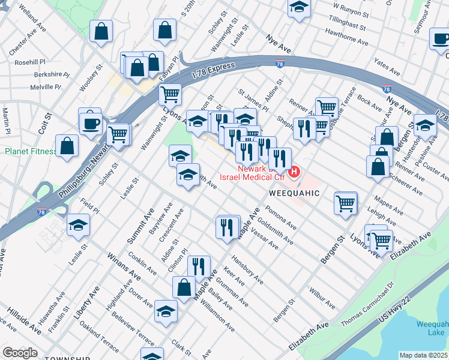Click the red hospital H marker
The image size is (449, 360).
pyautogui.click(x=294, y=173)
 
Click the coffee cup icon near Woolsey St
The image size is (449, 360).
pyautogui.click(x=91, y=122)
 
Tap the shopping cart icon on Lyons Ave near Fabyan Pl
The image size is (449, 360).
pyautogui.click(x=170, y=94)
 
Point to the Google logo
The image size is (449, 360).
pyautogui.click(x=20, y=353)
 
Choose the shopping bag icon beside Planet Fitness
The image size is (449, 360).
pyautogui.click(x=67, y=146)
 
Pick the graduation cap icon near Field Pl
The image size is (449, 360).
pyautogui.click(x=78, y=225)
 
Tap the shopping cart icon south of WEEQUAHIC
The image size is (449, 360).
pyautogui.click(x=346, y=203)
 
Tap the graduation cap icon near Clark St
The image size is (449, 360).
pyautogui.click(x=166, y=311)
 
